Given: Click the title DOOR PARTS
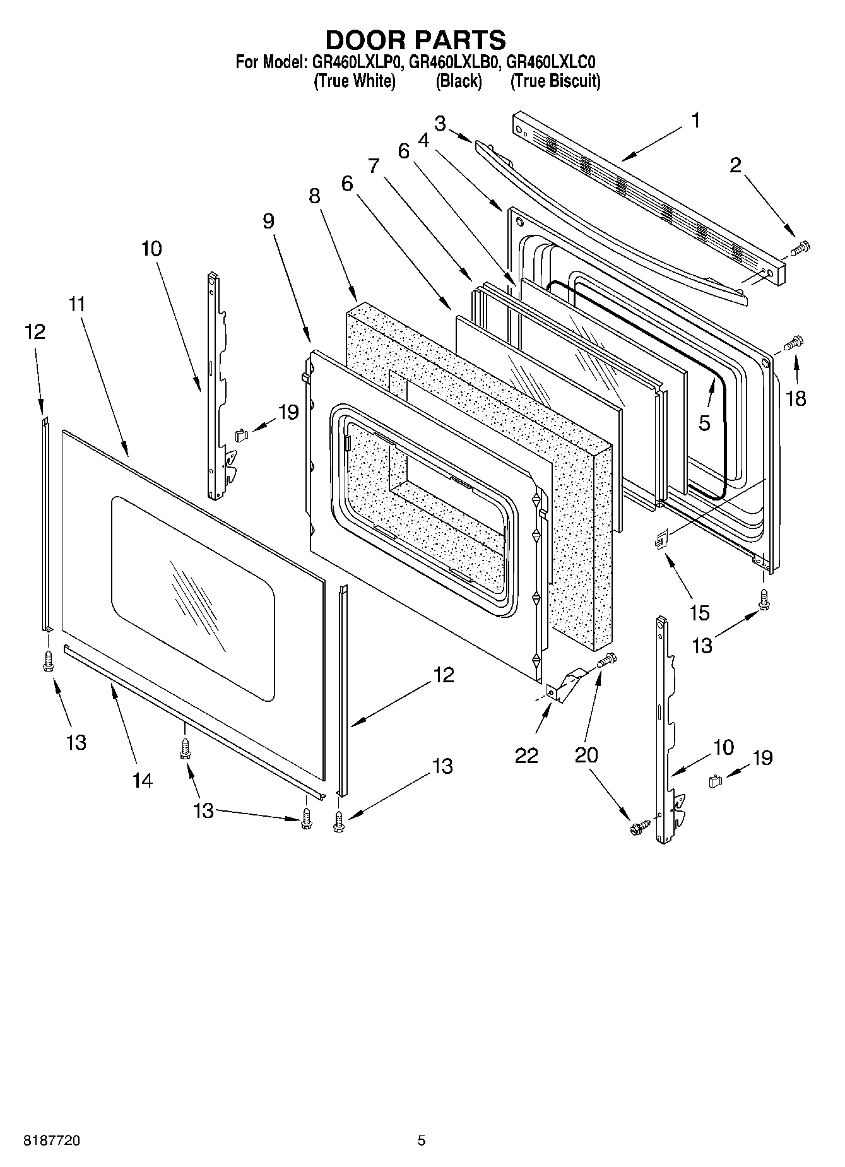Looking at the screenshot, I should pyautogui.click(x=415, y=40).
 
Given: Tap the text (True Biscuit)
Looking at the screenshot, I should pyautogui.click(x=555, y=81).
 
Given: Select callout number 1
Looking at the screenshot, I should pyautogui.click(x=695, y=120).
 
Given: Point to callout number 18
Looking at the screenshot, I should pyautogui.click(x=796, y=398).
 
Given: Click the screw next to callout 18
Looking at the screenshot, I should pyautogui.click(x=791, y=343).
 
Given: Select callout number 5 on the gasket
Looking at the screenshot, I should pyautogui.click(x=704, y=423).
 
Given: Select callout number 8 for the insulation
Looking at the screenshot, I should pyautogui.click(x=314, y=196).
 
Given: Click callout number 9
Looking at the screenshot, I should pyautogui.click(x=269, y=221).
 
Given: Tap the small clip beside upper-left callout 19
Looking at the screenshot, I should pyautogui.click(x=241, y=434).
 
